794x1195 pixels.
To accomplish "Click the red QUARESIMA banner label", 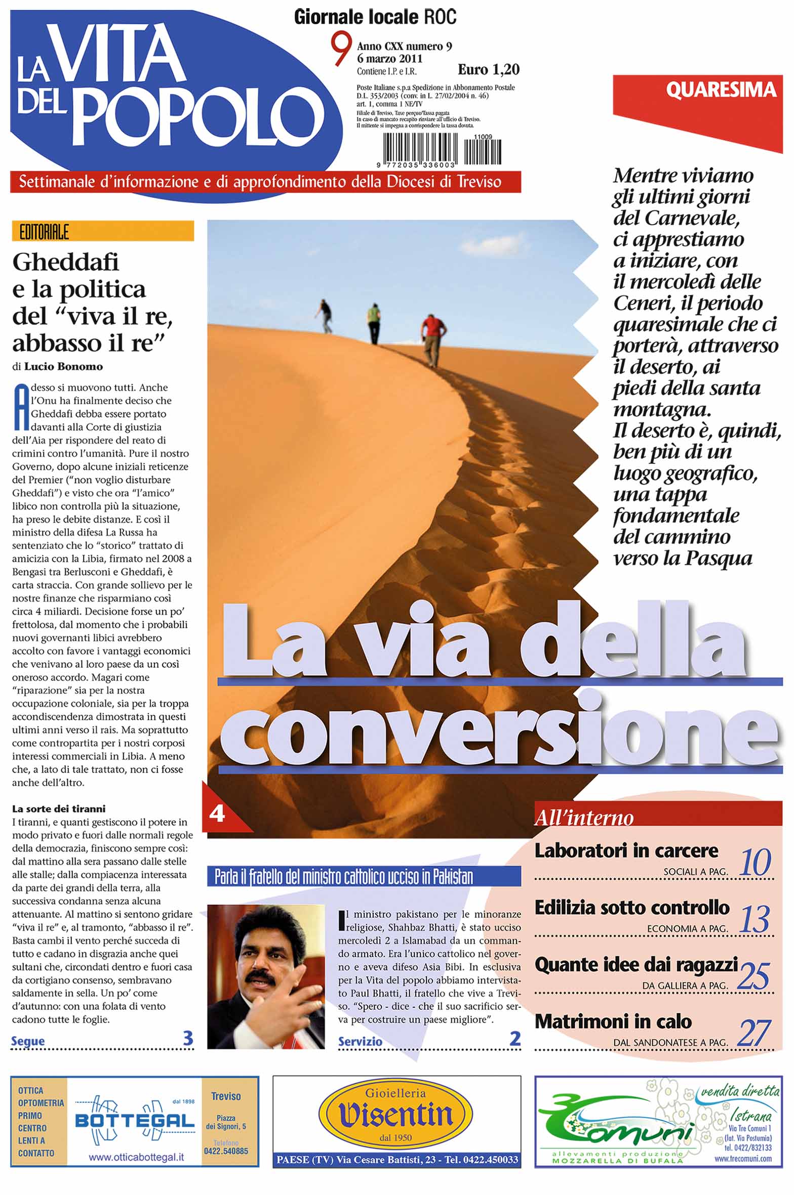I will coord(720,90).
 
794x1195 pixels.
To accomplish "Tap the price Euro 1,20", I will coord(488,69).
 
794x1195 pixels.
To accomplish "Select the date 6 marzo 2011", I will coord(389,58).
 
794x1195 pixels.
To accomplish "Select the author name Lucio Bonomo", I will coord(63,366).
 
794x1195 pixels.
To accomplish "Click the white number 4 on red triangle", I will coord(217,814).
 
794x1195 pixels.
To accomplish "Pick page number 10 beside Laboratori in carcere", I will coord(755,862).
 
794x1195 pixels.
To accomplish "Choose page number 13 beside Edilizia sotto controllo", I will coord(755,919).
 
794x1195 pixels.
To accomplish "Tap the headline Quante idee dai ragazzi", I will coord(636,965).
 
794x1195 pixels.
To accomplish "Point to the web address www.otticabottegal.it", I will coord(136,1157).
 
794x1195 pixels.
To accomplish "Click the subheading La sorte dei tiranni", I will coord(59,808).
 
